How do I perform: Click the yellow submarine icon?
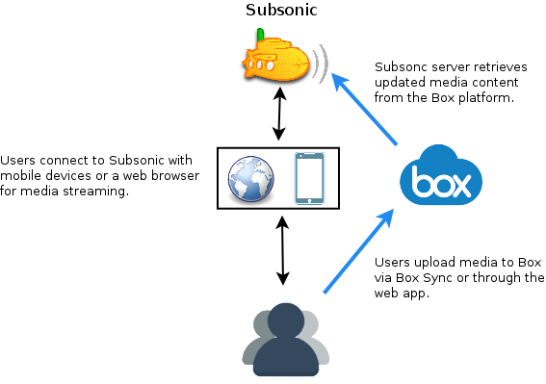(277, 61)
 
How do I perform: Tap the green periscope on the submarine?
(259, 35)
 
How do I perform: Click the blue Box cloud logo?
(440, 177)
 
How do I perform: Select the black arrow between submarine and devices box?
(279, 115)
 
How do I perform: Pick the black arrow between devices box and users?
(282, 250)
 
